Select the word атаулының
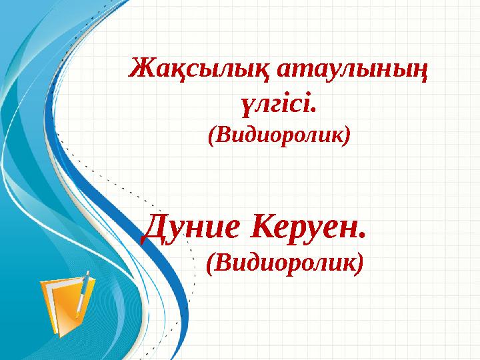tap(353, 69)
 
